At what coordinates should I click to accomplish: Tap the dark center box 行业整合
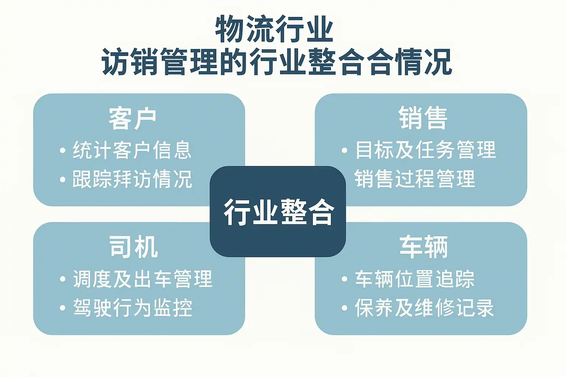click(x=278, y=212)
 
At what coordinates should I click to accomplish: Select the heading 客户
click(x=133, y=119)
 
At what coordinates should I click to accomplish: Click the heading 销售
click(x=423, y=118)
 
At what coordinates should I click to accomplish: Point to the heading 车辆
click(x=423, y=247)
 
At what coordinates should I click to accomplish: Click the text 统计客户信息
click(x=132, y=150)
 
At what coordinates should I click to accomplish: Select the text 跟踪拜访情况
click(x=132, y=179)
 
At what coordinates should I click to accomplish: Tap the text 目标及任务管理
click(x=426, y=150)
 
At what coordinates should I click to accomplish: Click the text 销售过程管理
click(x=415, y=179)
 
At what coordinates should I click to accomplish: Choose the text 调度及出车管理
click(x=143, y=279)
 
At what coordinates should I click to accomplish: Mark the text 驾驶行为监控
click(x=133, y=308)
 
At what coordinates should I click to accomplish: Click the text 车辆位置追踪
click(x=415, y=279)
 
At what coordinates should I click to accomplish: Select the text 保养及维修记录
click(x=424, y=308)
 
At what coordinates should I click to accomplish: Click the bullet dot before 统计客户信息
click(x=63, y=151)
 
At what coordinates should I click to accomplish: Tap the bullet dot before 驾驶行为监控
click(x=63, y=308)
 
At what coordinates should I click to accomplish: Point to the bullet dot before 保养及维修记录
click(x=345, y=308)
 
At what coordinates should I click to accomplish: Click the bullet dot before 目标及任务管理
click(x=345, y=151)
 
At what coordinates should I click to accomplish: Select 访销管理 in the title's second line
click(x=160, y=61)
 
